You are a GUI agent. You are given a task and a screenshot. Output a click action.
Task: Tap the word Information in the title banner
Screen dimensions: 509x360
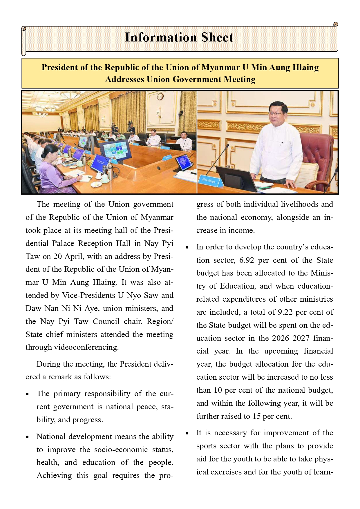[x=161, y=38]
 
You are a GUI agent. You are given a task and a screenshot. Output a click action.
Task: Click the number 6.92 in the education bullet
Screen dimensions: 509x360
[x=247, y=260]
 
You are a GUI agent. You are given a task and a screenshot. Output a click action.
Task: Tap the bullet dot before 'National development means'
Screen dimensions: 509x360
[x=27, y=437]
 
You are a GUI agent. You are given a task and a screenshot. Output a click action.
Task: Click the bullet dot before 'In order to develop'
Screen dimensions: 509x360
[x=187, y=247]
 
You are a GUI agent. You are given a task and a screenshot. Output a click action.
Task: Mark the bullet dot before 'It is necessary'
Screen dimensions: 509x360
[x=187, y=433]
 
